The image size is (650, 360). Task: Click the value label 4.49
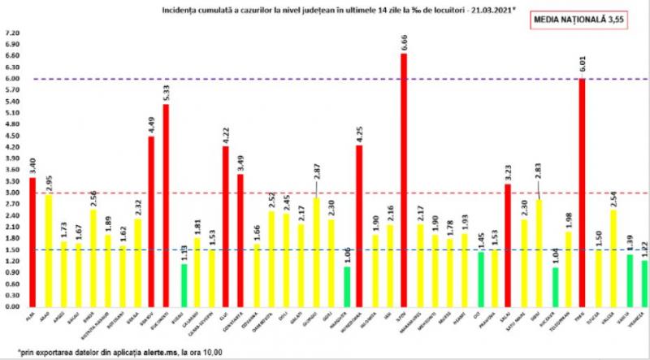click(x=150, y=125)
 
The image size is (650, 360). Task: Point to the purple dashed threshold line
click(x=244, y=79)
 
